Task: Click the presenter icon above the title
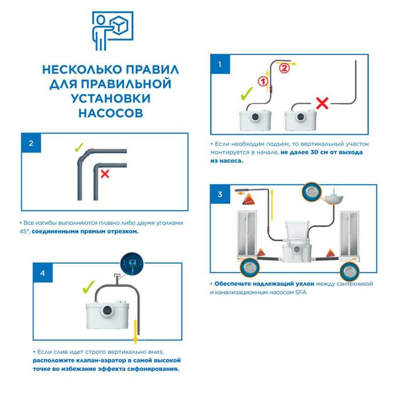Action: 112,30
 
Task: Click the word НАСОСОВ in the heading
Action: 111,113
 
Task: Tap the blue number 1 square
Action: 220,64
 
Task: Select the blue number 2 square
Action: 31,143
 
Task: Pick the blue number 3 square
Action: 220,194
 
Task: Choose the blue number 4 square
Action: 43,273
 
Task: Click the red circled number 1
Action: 263,81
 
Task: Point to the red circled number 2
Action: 284,68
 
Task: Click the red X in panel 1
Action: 322,103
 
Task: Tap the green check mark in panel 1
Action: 247,94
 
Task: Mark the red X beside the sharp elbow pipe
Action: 105,174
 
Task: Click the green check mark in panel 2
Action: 79,147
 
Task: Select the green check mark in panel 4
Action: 89,287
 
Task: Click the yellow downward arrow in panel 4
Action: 136,332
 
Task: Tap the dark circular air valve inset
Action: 132,263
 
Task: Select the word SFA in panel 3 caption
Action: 300,292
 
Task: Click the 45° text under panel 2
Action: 25,231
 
